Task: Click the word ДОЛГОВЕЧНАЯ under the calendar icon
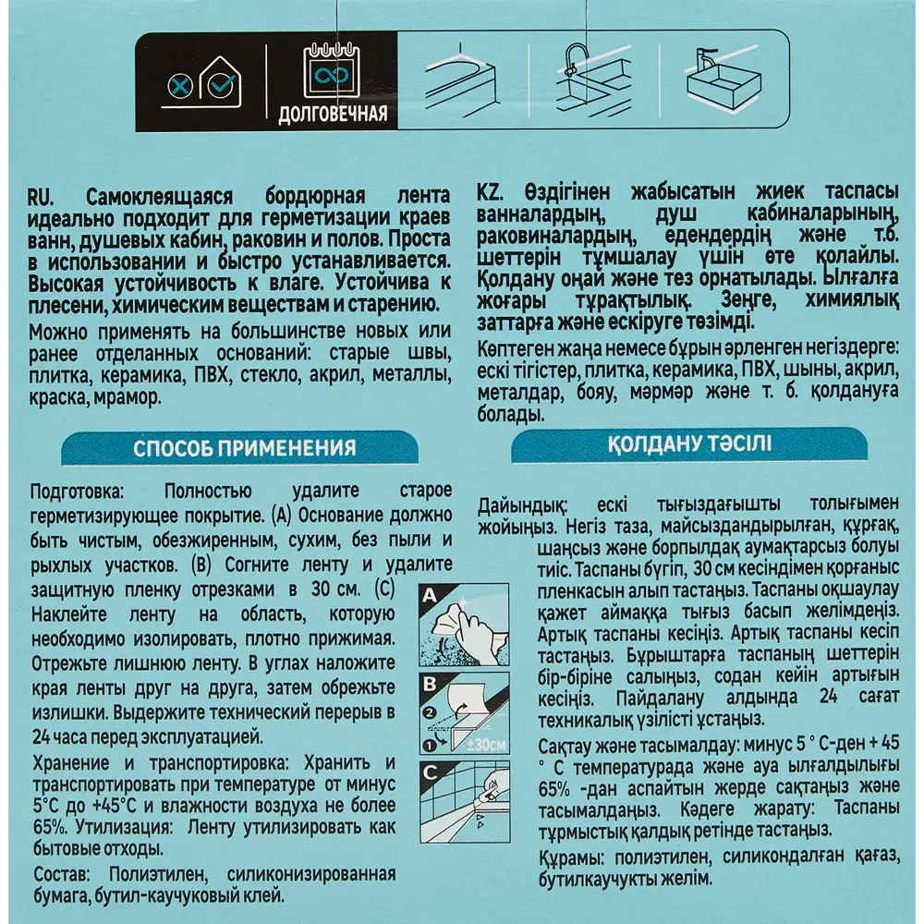coord(332,117)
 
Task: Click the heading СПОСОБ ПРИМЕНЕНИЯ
coord(245,449)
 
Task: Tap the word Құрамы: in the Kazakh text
coord(513,857)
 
